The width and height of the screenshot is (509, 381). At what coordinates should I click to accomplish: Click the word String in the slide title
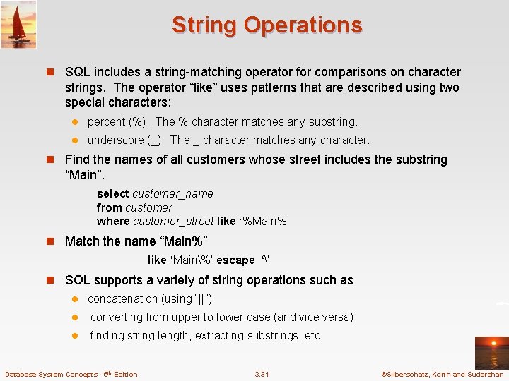click(x=204, y=25)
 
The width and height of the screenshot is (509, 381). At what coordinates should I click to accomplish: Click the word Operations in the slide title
click(x=303, y=25)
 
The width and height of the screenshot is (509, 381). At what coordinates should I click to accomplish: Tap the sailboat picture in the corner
click(x=18, y=25)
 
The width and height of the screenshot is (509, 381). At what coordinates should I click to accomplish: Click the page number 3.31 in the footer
click(x=262, y=374)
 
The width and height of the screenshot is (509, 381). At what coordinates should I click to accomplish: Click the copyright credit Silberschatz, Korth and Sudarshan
click(x=441, y=374)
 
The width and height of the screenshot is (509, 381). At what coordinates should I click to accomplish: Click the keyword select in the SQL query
click(x=113, y=194)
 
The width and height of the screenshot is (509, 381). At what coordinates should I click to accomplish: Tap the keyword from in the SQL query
click(x=109, y=208)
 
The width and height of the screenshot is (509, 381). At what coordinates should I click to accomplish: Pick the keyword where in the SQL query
click(x=113, y=222)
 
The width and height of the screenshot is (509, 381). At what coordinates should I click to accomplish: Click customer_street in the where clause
click(x=173, y=222)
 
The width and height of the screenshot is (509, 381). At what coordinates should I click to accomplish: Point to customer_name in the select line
click(x=172, y=194)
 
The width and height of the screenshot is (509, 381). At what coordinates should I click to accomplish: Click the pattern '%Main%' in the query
click(x=264, y=222)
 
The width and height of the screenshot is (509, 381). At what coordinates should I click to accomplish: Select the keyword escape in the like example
click(x=235, y=260)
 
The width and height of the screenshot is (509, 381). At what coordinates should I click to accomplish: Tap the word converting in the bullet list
click(x=116, y=317)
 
